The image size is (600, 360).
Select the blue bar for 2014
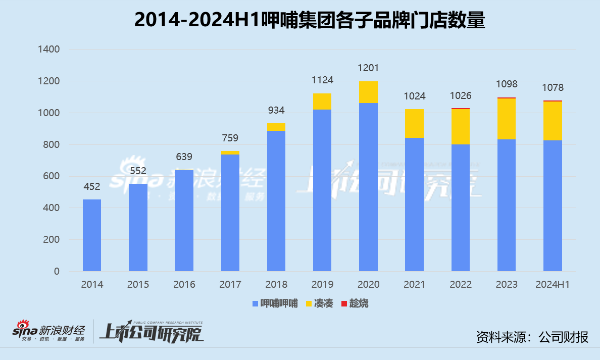(92, 235)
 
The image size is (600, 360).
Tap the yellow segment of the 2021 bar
(414, 123)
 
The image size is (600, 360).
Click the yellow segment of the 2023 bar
(507, 119)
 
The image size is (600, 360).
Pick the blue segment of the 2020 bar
(368, 187)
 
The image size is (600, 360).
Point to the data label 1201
(368, 68)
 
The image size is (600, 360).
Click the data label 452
(92, 187)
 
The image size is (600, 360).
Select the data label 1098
(507, 84)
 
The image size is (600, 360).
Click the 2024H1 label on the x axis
(553, 285)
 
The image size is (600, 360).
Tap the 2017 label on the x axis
(230, 285)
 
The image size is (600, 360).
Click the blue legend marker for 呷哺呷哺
(255, 303)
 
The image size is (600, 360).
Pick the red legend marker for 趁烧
(344, 303)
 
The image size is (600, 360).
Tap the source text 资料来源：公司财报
(532, 337)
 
